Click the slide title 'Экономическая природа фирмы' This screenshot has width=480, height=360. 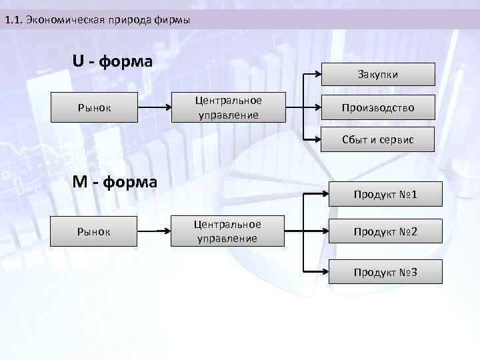click(106, 20)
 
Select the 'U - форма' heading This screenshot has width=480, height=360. click(113, 62)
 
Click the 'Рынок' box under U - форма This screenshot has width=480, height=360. click(95, 107)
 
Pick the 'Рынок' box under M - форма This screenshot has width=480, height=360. click(95, 232)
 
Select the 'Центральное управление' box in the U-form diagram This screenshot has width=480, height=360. click(229, 107)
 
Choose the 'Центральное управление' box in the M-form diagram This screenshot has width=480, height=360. click(227, 231)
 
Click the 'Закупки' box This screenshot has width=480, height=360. click(378, 74)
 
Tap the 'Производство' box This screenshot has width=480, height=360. click(378, 107)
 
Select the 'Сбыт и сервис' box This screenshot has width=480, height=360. click(378, 140)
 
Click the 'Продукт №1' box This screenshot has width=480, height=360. click(385, 194)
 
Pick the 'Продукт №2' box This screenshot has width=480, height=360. click(385, 232)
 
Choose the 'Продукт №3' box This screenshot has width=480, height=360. click(385, 271)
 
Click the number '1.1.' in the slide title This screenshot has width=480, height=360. click(13, 20)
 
